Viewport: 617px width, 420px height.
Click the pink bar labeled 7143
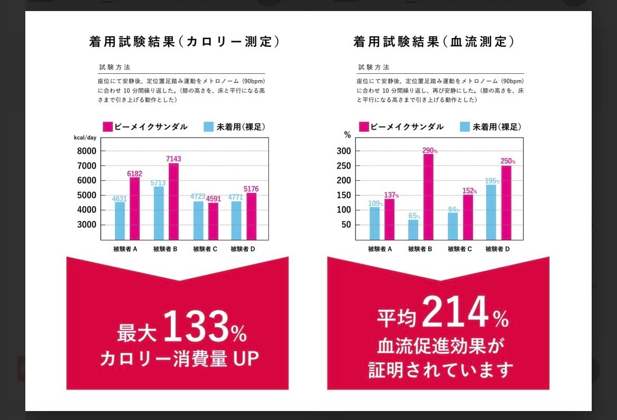[x=173, y=201]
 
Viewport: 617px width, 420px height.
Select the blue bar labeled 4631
[x=120, y=221]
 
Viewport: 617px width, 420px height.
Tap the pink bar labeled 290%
[x=428, y=197]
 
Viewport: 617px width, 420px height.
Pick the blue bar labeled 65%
[x=413, y=229]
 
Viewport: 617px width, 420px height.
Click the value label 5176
[x=251, y=189]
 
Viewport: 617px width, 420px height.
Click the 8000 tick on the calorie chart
[x=86, y=151]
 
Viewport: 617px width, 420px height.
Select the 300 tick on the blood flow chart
[x=344, y=151]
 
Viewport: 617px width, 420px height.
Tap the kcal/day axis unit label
[x=85, y=138]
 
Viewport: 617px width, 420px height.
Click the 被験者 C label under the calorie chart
[x=205, y=249]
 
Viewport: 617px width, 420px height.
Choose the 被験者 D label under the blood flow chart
[x=497, y=249]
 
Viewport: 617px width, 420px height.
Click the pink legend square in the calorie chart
[x=108, y=127]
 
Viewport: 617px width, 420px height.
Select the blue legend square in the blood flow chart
[x=465, y=127]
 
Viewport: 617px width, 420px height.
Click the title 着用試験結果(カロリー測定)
[x=184, y=42]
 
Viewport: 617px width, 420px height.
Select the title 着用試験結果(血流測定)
[x=434, y=42]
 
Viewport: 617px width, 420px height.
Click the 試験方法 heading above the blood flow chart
[x=374, y=67]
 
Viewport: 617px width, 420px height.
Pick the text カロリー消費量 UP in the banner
[x=179, y=359]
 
